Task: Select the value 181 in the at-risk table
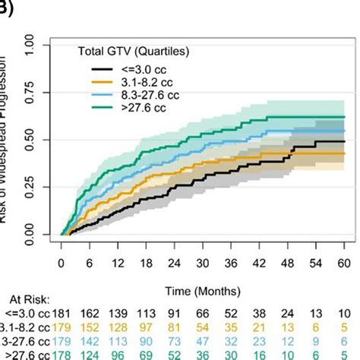click(62, 314)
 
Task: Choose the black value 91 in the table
click(175, 314)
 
